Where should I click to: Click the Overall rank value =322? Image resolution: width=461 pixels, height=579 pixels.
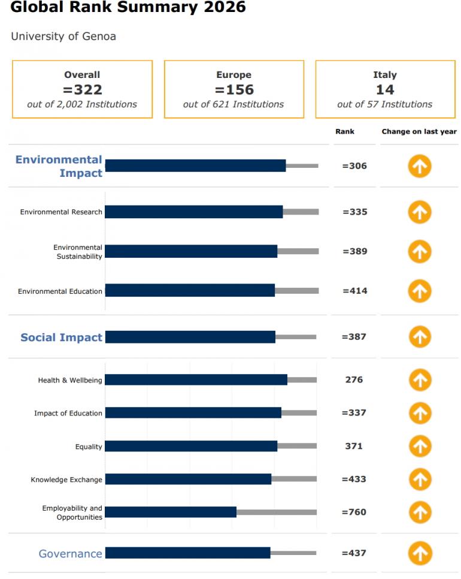pyautogui.click(x=82, y=90)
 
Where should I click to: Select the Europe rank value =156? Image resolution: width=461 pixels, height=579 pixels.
pyautogui.click(x=233, y=90)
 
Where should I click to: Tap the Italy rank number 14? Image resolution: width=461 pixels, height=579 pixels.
pyautogui.click(x=385, y=90)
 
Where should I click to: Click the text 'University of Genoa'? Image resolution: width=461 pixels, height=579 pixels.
pyautogui.click(x=63, y=37)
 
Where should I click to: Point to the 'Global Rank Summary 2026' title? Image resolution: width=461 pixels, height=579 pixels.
pyautogui.click(x=128, y=8)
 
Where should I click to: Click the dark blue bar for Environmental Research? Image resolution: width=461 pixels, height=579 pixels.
pyautogui.click(x=193, y=212)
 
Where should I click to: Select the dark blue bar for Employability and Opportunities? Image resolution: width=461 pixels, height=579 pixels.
pyautogui.click(x=171, y=512)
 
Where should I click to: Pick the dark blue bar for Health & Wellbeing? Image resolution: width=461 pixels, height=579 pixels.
pyautogui.click(x=196, y=379)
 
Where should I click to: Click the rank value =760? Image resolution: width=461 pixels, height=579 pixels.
pyautogui.click(x=354, y=512)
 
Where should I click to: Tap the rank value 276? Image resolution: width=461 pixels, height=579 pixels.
pyautogui.click(x=354, y=379)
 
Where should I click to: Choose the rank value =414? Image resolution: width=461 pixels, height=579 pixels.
pyautogui.click(x=354, y=291)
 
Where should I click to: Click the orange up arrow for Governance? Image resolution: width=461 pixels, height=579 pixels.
pyautogui.click(x=420, y=553)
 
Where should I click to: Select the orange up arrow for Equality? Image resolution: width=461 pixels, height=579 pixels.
pyautogui.click(x=420, y=446)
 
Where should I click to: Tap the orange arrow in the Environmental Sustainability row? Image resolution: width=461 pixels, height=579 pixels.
pyautogui.click(x=420, y=251)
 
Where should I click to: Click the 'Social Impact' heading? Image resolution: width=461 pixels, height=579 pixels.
pyautogui.click(x=62, y=337)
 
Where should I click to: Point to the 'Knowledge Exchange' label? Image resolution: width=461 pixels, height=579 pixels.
pyautogui.click(x=66, y=480)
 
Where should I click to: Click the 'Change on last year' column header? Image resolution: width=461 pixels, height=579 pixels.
pyautogui.click(x=419, y=131)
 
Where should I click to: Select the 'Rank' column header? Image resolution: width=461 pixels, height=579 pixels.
pyautogui.click(x=345, y=131)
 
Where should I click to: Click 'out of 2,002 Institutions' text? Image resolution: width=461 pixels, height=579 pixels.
pyautogui.click(x=82, y=104)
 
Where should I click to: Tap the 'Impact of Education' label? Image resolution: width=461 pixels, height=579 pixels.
pyautogui.click(x=68, y=413)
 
